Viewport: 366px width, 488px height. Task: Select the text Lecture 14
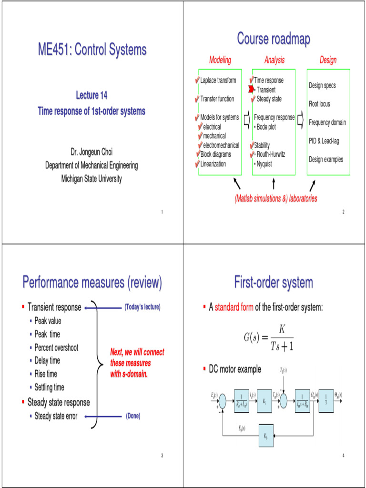tap(91, 95)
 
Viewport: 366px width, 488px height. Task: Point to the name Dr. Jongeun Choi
tap(91, 152)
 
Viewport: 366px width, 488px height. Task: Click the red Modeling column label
tap(220, 60)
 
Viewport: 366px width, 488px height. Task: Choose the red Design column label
tap(328, 60)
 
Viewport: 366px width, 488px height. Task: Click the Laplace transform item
tap(218, 81)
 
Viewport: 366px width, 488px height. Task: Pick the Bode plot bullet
tap(269, 127)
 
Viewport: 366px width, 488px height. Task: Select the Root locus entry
tap(319, 104)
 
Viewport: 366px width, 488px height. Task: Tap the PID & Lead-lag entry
tap(324, 141)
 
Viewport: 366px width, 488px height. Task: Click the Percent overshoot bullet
tap(56, 347)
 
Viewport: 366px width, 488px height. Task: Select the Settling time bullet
tap(49, 387)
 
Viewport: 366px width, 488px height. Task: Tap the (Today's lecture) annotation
tap(142, 307)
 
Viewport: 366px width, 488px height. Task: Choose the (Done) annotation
tap(133, 416)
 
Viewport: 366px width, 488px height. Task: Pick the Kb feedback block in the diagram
tap(265, 437)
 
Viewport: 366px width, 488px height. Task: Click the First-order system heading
tap(274, 283)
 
